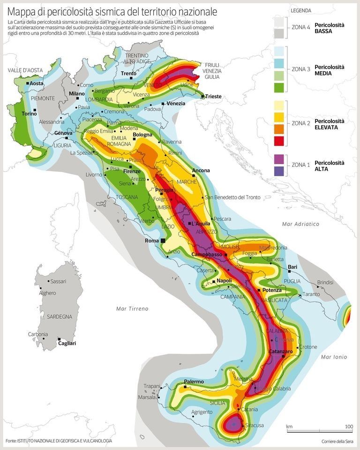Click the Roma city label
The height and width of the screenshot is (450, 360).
152,240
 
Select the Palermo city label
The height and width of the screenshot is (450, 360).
194,382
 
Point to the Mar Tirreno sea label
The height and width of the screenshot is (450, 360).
132,308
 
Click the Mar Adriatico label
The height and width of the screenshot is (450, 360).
300,224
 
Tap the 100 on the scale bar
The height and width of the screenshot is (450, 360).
349,427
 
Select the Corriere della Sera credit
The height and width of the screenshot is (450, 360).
337,442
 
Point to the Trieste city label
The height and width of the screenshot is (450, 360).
213,97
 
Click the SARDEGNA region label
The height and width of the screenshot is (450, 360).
59,316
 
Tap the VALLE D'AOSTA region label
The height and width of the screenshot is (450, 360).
25,70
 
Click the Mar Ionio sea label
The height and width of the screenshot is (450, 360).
334,357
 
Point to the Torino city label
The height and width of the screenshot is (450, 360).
29,113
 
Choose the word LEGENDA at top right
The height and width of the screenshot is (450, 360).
300,10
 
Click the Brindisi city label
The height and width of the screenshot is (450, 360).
325,283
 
